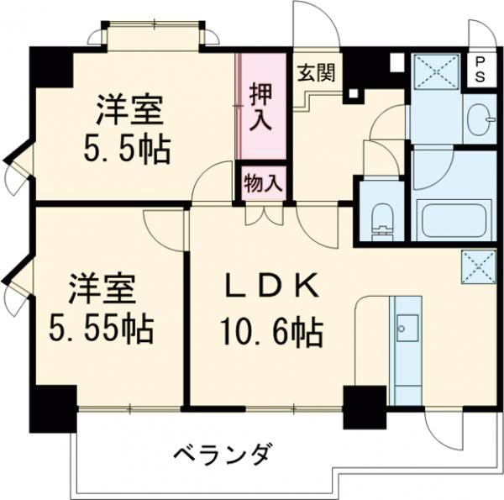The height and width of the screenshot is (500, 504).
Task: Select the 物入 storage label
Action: point(261,182)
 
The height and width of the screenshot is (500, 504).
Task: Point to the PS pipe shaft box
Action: point(480,66)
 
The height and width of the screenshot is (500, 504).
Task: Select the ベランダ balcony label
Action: point(223,455)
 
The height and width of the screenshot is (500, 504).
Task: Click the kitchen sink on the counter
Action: point(406,326)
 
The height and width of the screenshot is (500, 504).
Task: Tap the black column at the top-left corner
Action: point(51,68)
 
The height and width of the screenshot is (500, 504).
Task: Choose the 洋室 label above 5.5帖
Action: point(128,110)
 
